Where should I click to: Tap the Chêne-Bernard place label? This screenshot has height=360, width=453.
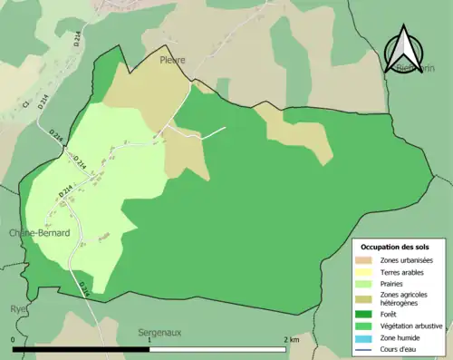40,233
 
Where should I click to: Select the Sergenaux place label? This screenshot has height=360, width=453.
159,333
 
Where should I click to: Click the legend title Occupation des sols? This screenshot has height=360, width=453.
397,247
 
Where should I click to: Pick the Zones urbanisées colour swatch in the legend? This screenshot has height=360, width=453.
368,261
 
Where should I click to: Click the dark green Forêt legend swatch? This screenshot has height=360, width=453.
368,315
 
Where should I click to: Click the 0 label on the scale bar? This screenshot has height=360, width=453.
13,338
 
